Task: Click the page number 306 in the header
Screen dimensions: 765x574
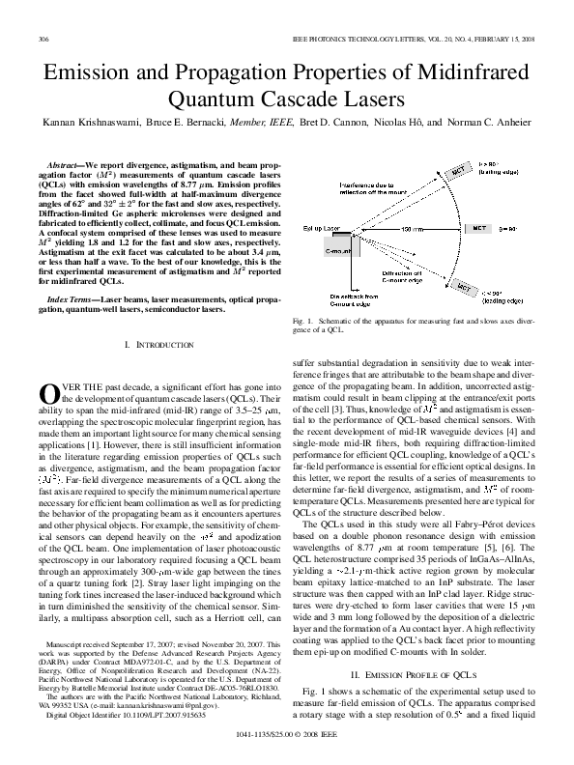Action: tap(43, 39)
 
